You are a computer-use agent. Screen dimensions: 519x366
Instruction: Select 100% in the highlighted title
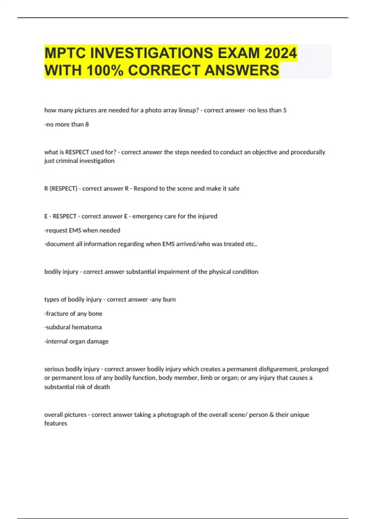(x=105, y=70)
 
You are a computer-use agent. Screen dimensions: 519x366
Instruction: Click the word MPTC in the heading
(x=65, y=53)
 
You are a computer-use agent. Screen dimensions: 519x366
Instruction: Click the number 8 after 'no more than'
(x=87, y=124)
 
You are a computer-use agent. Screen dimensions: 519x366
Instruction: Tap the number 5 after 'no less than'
(x=285, y=110)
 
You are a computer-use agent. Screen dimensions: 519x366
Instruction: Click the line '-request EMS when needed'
(x=82, y=230)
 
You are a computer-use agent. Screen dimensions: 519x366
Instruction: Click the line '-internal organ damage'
(x=76, y=341)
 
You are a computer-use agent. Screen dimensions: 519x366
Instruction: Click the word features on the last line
(x=56, y=423)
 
